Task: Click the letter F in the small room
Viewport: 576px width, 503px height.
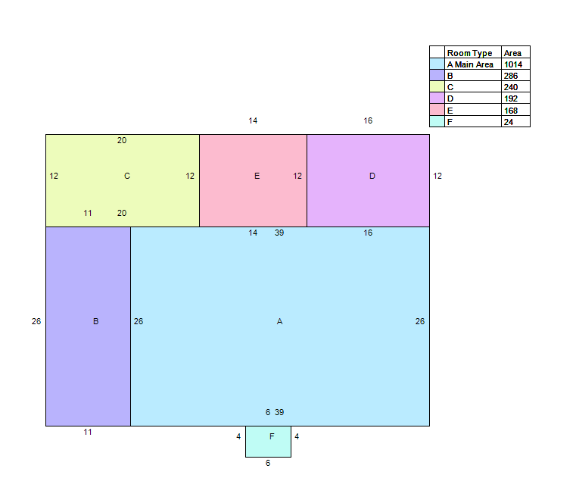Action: click(272, 436)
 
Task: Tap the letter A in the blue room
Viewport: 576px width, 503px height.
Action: click(279, 321)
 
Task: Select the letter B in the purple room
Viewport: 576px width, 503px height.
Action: click(95, 321)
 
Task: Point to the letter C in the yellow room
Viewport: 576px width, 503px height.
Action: click(127, 176)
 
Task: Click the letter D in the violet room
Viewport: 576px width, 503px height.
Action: click(372, 176)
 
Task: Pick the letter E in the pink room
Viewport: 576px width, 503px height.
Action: click(257, 176)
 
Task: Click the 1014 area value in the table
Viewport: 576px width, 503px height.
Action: click(513, 64)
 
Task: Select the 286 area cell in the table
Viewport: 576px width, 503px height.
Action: click(511, 76)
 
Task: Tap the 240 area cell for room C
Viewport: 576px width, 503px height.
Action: click(511, 88)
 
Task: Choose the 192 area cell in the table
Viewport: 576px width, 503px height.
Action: click(511, 99)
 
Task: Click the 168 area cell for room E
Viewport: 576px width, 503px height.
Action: click(511, 111)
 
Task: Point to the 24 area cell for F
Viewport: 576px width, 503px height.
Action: click(509, 122)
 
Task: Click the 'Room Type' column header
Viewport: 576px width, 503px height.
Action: click(469, 53)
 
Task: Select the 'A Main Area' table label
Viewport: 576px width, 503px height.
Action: click(470, 64)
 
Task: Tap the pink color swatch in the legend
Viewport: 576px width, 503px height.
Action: click(437, 110)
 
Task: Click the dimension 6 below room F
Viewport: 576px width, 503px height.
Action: click(268, 464)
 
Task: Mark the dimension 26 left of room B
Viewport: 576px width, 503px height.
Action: click(36, 321)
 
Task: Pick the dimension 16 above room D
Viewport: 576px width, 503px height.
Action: click(368, 120)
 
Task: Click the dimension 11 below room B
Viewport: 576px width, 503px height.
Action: click(88, 432)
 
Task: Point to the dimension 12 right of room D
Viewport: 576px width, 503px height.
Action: click(437, 176)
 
